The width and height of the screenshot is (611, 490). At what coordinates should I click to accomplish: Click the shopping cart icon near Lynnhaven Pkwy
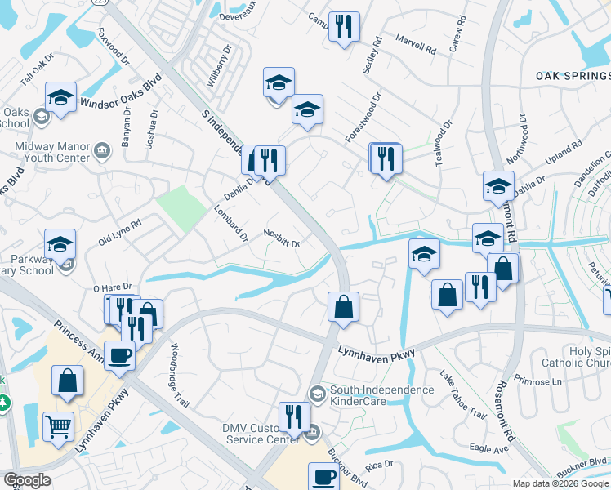pos(59,425)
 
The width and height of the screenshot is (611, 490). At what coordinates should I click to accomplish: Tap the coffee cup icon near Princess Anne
pos(120,356)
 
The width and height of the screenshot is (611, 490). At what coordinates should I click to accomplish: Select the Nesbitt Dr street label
pos(283,238)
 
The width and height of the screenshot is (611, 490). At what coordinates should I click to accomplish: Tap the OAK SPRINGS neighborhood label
pos(573,75)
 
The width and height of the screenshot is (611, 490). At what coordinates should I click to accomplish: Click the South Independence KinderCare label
pos(381,396)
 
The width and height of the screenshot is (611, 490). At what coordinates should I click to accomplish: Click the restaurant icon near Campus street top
pos(344,26)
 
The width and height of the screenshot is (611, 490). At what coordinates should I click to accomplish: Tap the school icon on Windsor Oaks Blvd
pos(61,96)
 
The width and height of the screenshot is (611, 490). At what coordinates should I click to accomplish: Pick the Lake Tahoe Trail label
pos(462,395)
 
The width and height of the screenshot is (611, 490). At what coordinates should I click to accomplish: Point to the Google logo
pos(26,480)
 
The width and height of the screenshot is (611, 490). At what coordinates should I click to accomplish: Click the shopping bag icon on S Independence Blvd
pos(344,308)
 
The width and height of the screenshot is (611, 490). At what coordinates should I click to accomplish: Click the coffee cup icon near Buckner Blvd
pos(323,476)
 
